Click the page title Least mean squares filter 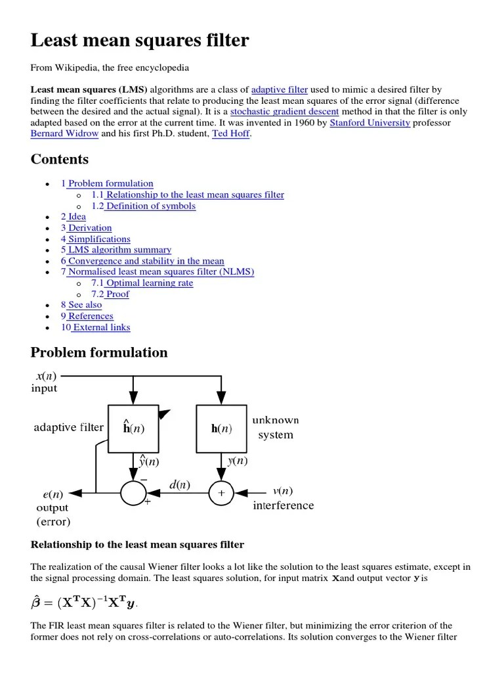[140, 41]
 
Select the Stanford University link [369, 122]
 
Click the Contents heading [60, 160]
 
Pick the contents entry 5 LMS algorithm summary [116, 250]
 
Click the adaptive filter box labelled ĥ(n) [133, 429]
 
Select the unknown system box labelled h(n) [222, 429]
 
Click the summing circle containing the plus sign [221, 492]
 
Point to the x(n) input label [45, 376]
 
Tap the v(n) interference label [283, 491]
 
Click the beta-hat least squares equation [85, 601]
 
